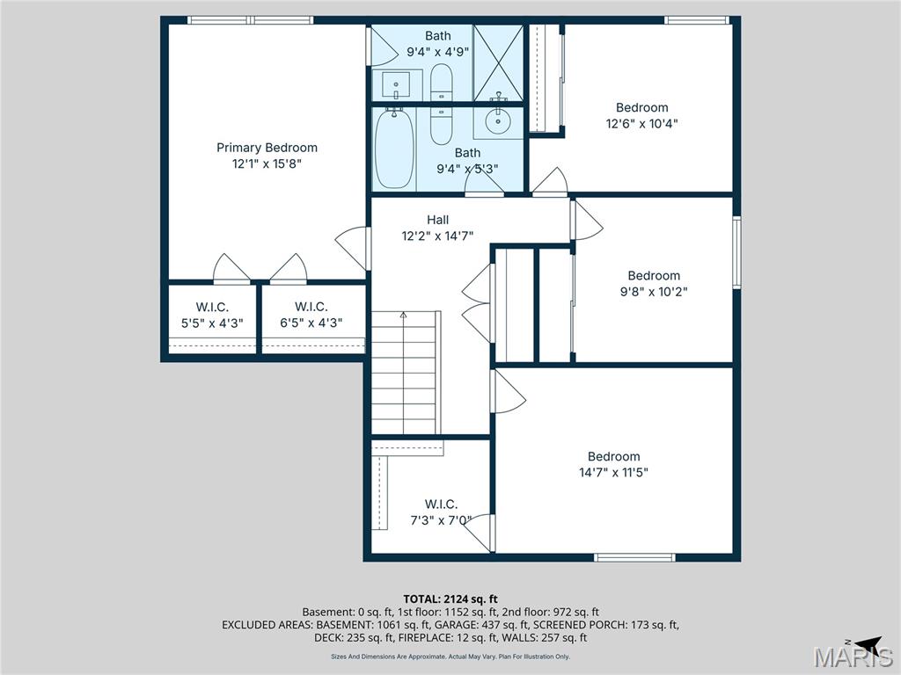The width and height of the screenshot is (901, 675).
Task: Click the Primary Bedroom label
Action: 267,148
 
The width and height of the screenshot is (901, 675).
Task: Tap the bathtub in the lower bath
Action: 393,149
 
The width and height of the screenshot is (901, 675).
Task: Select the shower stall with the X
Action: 498,62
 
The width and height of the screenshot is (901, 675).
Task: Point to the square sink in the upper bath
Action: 397,86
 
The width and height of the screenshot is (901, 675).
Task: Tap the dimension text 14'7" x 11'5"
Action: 613,472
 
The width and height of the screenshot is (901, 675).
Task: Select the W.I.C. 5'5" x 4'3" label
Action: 211,315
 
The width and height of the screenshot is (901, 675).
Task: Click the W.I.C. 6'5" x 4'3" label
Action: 311,315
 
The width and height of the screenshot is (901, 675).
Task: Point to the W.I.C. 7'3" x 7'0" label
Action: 441,512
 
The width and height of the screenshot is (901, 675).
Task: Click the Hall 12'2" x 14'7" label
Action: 437,228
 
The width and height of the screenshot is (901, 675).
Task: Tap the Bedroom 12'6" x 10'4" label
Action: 641,115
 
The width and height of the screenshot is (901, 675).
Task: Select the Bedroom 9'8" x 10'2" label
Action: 653,283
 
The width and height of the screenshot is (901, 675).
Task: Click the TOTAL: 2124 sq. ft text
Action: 450,599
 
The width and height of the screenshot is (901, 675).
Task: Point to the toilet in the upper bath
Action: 441,83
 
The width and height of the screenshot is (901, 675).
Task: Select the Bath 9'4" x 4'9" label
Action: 437,43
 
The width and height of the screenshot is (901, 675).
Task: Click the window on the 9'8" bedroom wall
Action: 736,252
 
